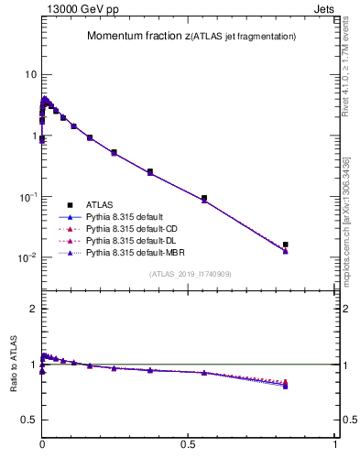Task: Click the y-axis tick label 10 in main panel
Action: point(31,74)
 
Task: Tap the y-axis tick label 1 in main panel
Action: point(34,136)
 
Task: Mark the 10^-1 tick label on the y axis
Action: point(28,196)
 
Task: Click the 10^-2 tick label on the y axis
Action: point(28,257)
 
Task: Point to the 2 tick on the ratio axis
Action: point(34,309)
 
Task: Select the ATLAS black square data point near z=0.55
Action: point(204,198)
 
